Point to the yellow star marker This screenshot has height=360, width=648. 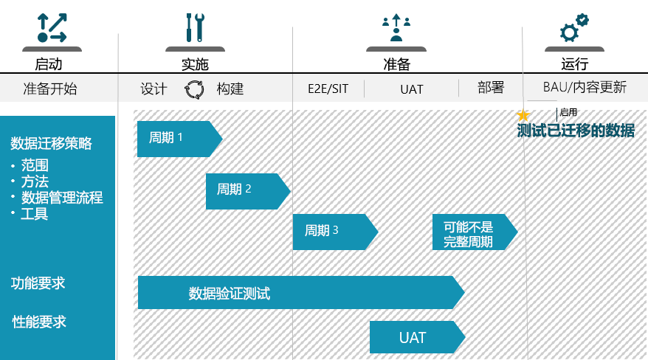click(x=523, y=115)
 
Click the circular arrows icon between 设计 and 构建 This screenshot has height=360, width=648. click(x=194, y=89)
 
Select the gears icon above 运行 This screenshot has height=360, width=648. click(x=573, y=28)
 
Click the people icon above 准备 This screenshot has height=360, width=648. click(x=396, y=28)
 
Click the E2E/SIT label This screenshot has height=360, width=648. click(x=328, y=89)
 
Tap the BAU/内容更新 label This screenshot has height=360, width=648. click(x=585, y=88)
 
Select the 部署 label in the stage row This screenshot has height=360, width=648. click(x=491, y=88)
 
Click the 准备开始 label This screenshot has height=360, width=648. click(x=50, y=89)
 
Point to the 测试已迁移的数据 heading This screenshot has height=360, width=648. click(x=576, y=131)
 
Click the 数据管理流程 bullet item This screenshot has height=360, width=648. click(x=62, y=198)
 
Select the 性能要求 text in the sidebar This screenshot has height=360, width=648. click(x=39, y=322)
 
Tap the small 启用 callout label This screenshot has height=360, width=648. click(x=568, y=113)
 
